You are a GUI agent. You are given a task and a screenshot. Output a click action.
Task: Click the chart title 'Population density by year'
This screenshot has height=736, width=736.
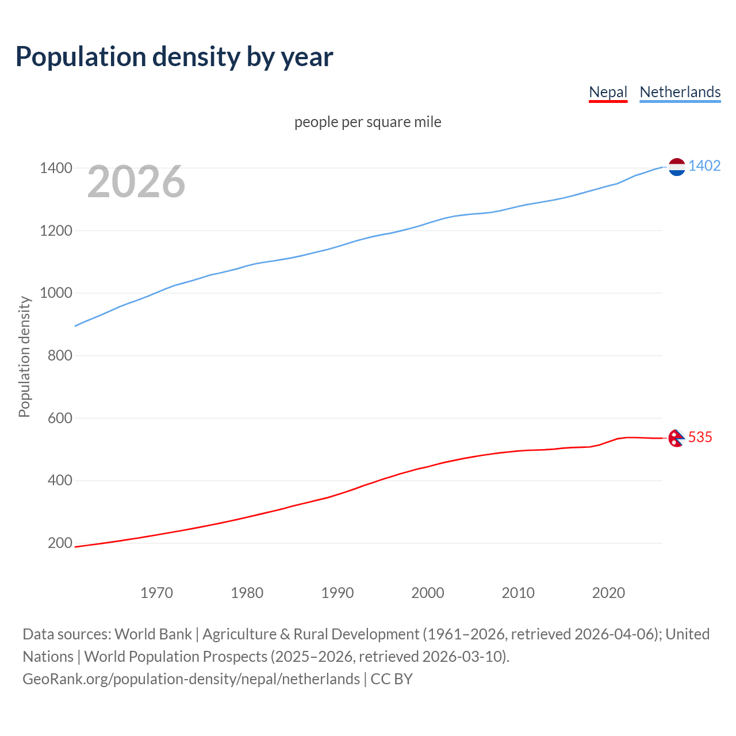point(174,57)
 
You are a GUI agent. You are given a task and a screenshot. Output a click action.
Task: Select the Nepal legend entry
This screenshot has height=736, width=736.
point(608,92)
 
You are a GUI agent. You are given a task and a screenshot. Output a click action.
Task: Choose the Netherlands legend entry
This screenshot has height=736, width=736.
point(680,92)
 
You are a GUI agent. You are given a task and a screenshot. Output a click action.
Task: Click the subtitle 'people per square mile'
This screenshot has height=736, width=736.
point(367,122)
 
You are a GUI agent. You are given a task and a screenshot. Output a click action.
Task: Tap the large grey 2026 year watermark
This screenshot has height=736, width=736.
point(136,182)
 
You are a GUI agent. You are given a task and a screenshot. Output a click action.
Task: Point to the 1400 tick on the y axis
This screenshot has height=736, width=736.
point(56,168)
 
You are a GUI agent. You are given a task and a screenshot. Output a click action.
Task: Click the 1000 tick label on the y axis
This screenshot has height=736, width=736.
point(56,293)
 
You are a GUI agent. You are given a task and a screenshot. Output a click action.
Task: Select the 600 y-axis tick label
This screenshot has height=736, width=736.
point(60,418)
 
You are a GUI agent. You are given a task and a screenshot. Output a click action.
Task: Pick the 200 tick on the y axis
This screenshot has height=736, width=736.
point(60,543)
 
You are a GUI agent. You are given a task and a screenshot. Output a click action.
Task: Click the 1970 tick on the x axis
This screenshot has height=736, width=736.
point(156,593)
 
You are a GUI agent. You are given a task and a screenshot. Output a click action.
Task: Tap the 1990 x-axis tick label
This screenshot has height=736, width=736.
point(338,593)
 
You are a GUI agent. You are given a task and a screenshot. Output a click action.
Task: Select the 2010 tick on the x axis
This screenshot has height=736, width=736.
point(518,593)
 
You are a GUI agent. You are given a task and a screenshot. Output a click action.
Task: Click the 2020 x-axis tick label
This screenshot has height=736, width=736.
point(608,593)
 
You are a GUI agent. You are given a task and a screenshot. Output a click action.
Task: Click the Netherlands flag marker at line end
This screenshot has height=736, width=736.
point(677,167)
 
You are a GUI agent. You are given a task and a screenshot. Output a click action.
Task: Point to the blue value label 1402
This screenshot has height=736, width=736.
point(704,166)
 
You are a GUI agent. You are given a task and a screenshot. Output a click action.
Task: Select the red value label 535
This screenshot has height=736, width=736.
point(700,437)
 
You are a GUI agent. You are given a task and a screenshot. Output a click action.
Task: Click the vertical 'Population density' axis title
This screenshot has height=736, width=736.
point(24,356)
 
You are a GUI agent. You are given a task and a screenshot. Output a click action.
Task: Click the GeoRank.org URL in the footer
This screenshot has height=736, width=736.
point(191,679)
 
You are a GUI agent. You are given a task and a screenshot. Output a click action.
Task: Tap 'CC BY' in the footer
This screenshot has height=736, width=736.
point(392,679)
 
